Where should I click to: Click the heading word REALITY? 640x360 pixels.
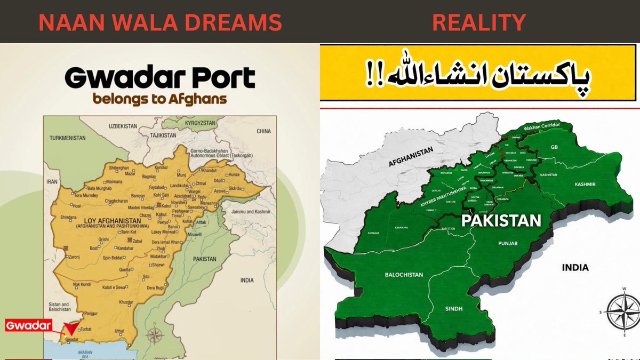click(x=478, y=22)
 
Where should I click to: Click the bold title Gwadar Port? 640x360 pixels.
click(x=160, y=79)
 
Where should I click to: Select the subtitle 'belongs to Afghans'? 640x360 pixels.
click(x=159, y=99)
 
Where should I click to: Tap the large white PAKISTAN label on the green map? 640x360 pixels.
click(x=501, y=220)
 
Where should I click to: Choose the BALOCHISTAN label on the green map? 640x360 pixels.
click(x=404, y=275)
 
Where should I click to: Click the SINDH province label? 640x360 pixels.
click(x=455, y=309)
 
